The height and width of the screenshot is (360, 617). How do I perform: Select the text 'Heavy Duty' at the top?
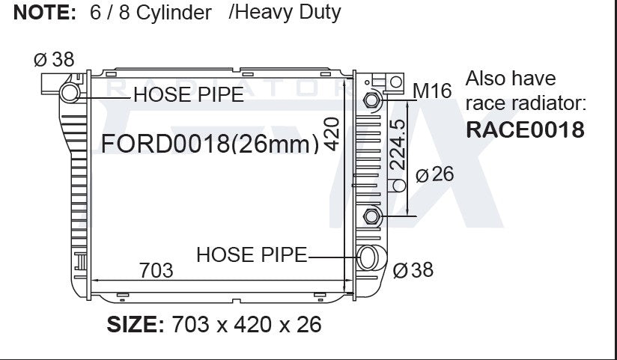pyautogui.click(x=289, y=13)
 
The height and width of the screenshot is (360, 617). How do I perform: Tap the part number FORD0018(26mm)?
pyautogui.click(x=210, y=144)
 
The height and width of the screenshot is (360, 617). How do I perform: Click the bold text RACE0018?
pyautogui.click(x=525, y=129)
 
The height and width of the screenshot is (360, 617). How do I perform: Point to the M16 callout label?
pyautogui.click(x=432, y=91)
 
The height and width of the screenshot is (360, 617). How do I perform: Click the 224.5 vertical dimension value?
pyautogui.click(x=397, y=144)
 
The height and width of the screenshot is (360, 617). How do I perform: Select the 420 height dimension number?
pyautogui.click(x=331, y=134)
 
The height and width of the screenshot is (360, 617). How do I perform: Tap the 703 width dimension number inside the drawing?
pyautogui.click(x=156, y=270)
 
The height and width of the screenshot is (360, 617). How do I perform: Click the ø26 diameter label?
pyautogui.click(x=435, y=174)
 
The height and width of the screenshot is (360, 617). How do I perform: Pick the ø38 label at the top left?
pyautogui.click(x=54, y=59)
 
